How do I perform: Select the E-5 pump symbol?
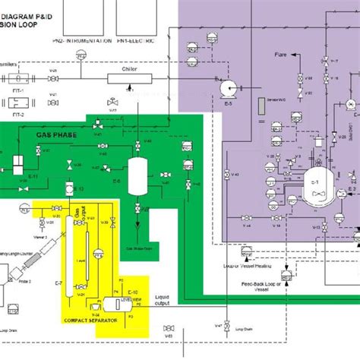(x=226, y=90)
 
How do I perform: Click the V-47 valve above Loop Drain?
(x=218, y=325)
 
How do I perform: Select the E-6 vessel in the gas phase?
(x=137, y=175)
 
